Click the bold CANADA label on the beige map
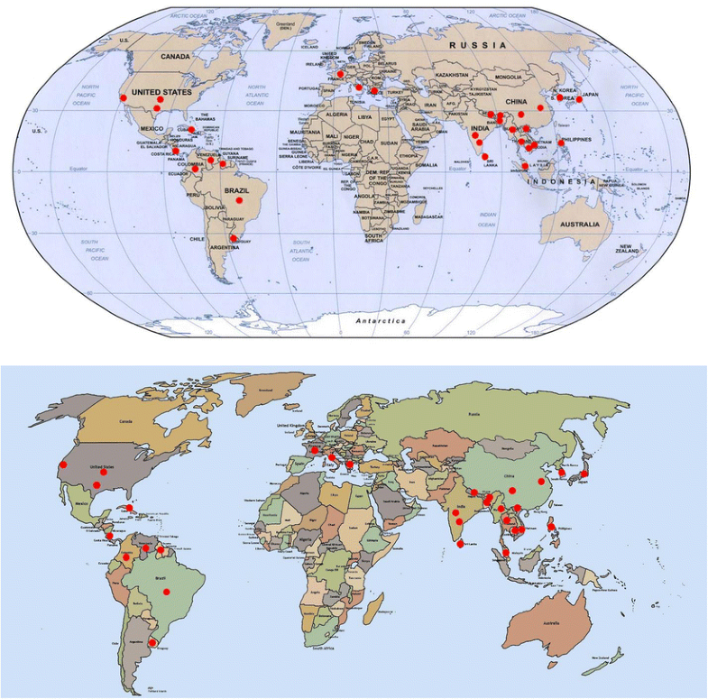tap(176, 57)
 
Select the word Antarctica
tap(380, 321)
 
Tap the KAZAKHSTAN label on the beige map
tap(454, 75)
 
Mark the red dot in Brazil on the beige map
tap(239, 200)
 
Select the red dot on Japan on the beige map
tap(580, 98)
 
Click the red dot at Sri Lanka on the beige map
tap(486, 157)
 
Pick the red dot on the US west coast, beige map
tap(124, 97)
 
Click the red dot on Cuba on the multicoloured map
tap(129, 508)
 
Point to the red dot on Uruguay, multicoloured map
tap(152, 642)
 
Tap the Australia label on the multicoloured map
tap(552, 624)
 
